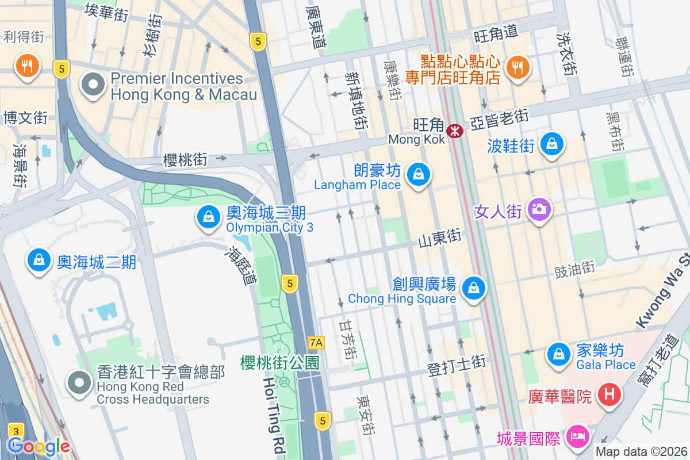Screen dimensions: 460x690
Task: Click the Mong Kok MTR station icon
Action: pos(455,131)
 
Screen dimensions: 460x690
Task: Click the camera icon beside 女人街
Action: pos(539,209)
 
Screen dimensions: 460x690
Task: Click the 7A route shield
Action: pos(316,343)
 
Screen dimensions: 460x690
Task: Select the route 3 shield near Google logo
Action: pos(16,431)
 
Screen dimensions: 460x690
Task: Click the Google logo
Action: pos(39,446)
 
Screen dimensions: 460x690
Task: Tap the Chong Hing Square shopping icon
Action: pos(473,287)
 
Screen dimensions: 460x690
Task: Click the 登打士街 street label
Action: pos(456,366)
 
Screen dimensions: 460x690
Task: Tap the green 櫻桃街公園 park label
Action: pos(280,363)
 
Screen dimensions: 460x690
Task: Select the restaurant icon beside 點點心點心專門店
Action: pos(518,67)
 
